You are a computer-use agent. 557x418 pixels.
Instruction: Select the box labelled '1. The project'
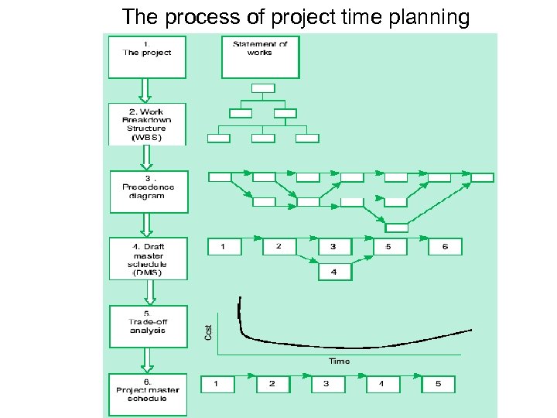147,57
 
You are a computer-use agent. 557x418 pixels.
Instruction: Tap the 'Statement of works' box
260,57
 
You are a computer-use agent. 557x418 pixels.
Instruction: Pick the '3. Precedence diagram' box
149,191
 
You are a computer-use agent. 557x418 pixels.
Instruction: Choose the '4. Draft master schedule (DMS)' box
149,258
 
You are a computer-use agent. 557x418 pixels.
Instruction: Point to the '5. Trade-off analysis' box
149,324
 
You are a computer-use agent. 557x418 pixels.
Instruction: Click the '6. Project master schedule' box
147,394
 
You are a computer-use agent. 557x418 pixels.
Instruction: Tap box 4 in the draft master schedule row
333,272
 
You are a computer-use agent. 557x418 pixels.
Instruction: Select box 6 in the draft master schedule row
445,247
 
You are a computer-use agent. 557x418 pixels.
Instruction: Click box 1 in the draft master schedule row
224,247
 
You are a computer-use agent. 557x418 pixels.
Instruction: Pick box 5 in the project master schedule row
438,384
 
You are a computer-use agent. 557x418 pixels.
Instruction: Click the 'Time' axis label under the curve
339,361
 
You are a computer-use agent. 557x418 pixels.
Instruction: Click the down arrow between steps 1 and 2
144,91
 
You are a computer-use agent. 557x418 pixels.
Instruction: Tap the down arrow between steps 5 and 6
147,360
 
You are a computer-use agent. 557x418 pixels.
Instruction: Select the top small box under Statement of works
263,87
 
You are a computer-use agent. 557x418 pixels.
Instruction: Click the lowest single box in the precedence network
397,228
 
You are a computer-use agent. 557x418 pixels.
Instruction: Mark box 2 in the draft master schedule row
279,247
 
